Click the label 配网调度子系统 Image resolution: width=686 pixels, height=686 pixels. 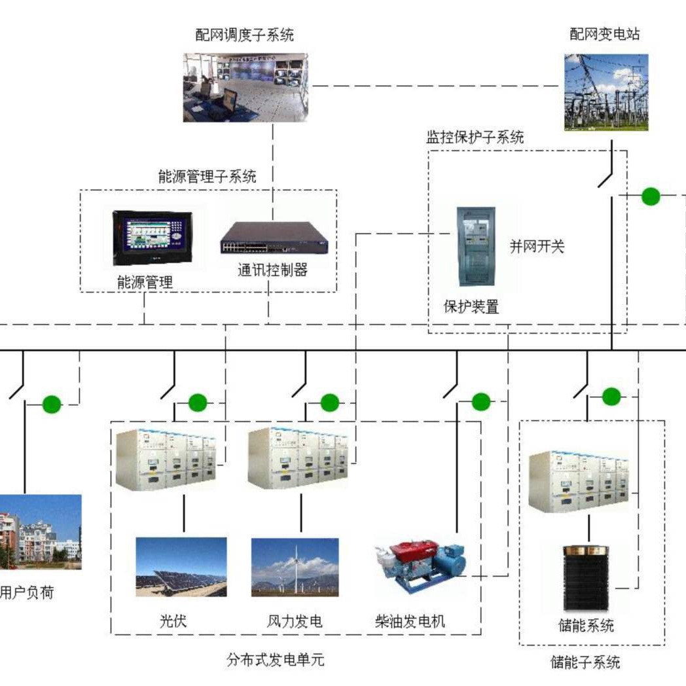pyautogui.click(x=244, y=35)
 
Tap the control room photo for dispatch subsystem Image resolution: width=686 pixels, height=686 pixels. pyautogui.click(x=245, y=87)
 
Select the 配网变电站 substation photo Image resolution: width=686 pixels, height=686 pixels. pyautogui.click(x=606, y=92)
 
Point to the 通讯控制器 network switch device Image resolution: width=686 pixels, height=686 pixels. pyautogui.click(x=274, y=238)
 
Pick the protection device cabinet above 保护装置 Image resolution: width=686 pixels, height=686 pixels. pyautogui.click(x=475, y=246)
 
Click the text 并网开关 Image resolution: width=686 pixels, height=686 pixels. pyautogui.click(x=537, y=247)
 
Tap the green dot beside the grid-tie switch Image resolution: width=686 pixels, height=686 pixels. pyautogui.click(x=650, y=196)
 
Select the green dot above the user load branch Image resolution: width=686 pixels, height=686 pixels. pyautogui.click(x=52, y=405)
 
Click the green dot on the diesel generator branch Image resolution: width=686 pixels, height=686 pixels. pyautogui.click(x=481, y=401)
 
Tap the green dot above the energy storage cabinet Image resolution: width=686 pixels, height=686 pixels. pyautogui.click(x=611, y=396)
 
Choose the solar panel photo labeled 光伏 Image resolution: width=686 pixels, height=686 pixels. pyautogui.click(x=181, y=566)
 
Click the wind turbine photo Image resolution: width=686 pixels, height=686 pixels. pyautogui.click(x=295, y=566)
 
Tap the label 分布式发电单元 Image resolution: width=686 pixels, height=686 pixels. pyautogui.click(x=276, y=660)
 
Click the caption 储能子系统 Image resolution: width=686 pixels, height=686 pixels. pyautogui.click(x=585, y=662)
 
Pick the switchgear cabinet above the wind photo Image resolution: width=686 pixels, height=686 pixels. pyautogui.click(x=298, y=458)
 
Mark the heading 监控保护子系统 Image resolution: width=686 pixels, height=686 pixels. pyautogui.click(x=475, y=137)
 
